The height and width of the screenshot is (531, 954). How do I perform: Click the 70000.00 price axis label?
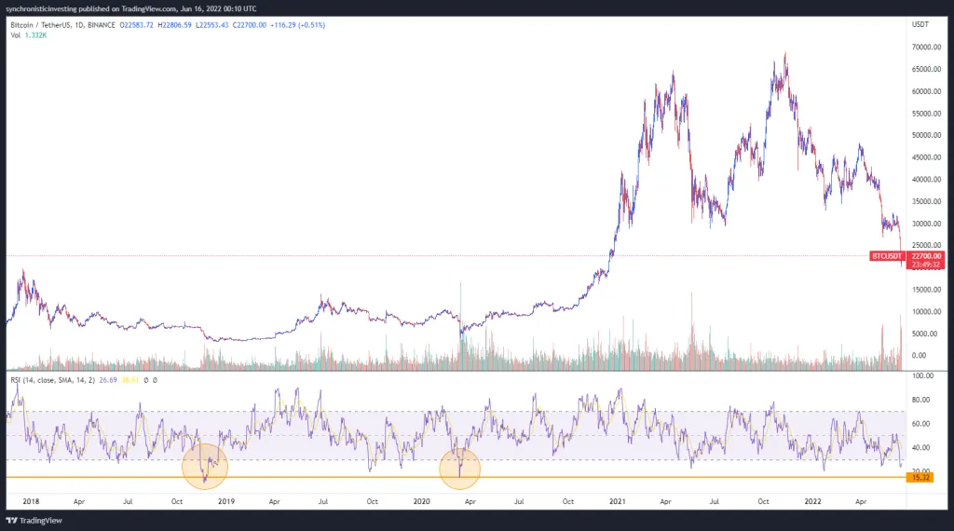point(923,47)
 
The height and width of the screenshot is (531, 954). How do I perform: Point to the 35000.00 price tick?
point(923,201)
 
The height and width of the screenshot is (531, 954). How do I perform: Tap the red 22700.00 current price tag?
point(928,255)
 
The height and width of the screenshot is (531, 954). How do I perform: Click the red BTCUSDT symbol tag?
point(885,255)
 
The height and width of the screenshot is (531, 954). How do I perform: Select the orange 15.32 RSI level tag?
point(920,477)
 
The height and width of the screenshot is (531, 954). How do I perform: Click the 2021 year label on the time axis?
point(616,500)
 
